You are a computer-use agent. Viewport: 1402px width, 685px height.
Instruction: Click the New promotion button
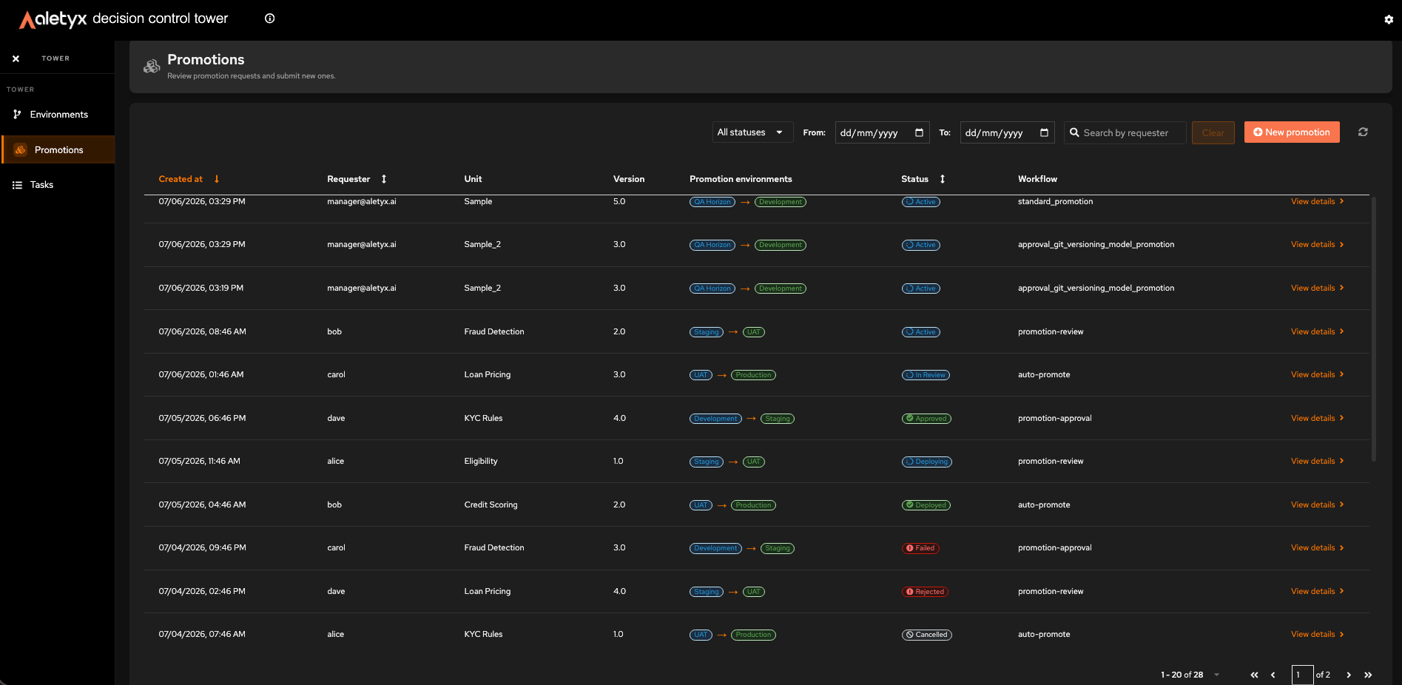(1292, 132)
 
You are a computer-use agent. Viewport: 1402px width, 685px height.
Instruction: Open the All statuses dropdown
(752, 132)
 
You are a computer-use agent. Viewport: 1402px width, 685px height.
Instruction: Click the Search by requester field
(1125, 133)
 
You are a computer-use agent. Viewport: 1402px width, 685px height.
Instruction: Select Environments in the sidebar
(58, 115)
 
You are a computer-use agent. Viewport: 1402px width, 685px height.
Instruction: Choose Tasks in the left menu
(41, 185)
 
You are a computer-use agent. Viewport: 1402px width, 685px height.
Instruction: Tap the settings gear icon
(1389, 19)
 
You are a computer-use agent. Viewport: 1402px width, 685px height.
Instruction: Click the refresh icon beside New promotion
(1363, 132)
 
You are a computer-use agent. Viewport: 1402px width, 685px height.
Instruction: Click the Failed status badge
(921, 548)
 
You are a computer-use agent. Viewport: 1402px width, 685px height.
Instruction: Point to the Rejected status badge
(926, 592)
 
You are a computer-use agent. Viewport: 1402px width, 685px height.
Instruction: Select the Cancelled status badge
(927, 635)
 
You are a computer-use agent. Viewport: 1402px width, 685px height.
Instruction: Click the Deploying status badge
(927, 462)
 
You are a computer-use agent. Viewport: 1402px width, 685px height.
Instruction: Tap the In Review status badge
(926, 375)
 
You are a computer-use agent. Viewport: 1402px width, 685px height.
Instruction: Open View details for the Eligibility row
(1317, 461)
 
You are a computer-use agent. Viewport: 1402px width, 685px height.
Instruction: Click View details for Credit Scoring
(1317, 505)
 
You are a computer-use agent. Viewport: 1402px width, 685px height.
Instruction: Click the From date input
(882, 133)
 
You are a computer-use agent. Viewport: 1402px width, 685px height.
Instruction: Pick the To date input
(1007, 133)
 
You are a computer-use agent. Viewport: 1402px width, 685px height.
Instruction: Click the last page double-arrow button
(1368, 675)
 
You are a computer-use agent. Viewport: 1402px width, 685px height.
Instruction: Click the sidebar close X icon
(16, 58)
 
